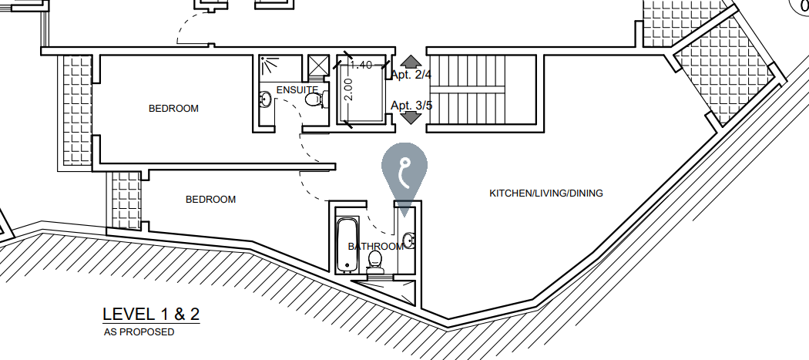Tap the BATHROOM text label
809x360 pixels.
pos(375,247)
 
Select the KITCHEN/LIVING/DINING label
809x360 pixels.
pos(546,193)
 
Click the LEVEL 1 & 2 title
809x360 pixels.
pos(151,315)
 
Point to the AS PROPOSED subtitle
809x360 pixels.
pos(139,332)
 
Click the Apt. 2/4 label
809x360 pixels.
pos(411,75)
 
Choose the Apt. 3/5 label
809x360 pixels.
pos(411,105)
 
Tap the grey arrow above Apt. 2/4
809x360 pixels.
pos(411,62)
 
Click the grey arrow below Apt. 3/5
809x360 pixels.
pos(411,118)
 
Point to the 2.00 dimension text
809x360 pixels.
pos(348,90)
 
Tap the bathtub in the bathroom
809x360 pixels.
pos(347,244)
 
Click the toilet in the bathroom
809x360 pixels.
pos(376,262)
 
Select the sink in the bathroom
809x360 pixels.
pos(408,241)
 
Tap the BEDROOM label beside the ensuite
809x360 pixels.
pos(173,109)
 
